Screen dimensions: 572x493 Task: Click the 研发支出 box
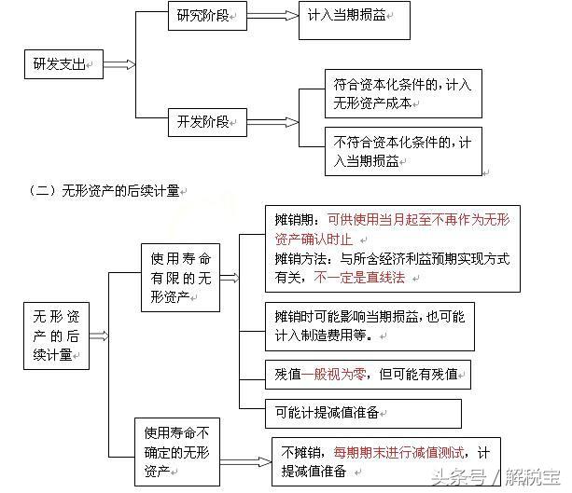pyautogui.click(x=63, y=64)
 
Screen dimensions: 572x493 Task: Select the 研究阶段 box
pyautogui.click(x=207, y=16)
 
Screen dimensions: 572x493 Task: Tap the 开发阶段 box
pyautogui.click(x=207, y=122)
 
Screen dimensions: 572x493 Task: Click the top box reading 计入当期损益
pyautogui.click(x=355, y=21)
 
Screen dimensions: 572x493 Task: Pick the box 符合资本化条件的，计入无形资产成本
pyautogui.click(x=403, y=93)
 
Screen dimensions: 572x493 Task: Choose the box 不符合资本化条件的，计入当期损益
pyautogui.click(x=403, y=151)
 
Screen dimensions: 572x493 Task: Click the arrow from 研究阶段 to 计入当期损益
pyautogui.click(x=272, y=16)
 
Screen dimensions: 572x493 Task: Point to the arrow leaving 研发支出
pyautogui.click(x=119, y=64)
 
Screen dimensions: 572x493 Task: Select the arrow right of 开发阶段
pyautogui.click(x=272, y=122)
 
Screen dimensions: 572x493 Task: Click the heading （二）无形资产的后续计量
pyautogui.click(x=105, y=190)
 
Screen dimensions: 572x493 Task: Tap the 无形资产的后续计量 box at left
pyautogui.click(x=56, y=336)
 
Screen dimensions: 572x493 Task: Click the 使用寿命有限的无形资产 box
pyautogui.click(x=180, y=278)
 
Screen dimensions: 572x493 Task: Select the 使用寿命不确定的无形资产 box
pyautogui.click(x=177, y=452)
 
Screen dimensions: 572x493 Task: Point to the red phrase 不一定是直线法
pyautogui.click(x=359, y=278)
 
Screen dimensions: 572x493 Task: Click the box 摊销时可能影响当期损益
pyautogui.click(x=370, y=326)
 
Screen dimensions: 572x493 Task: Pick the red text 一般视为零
pyautogui.click(x=334, y=375)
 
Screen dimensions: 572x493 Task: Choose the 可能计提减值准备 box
pyautogui.click(x=363, y=414)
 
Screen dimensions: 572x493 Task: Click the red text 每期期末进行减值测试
pyautogui.click(x=398, y=453)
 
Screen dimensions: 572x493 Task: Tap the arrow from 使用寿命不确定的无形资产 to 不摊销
pyautogui.click(x=245, y=461)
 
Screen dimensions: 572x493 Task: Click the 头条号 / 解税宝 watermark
pyautogui.click(x=495, y=477)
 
